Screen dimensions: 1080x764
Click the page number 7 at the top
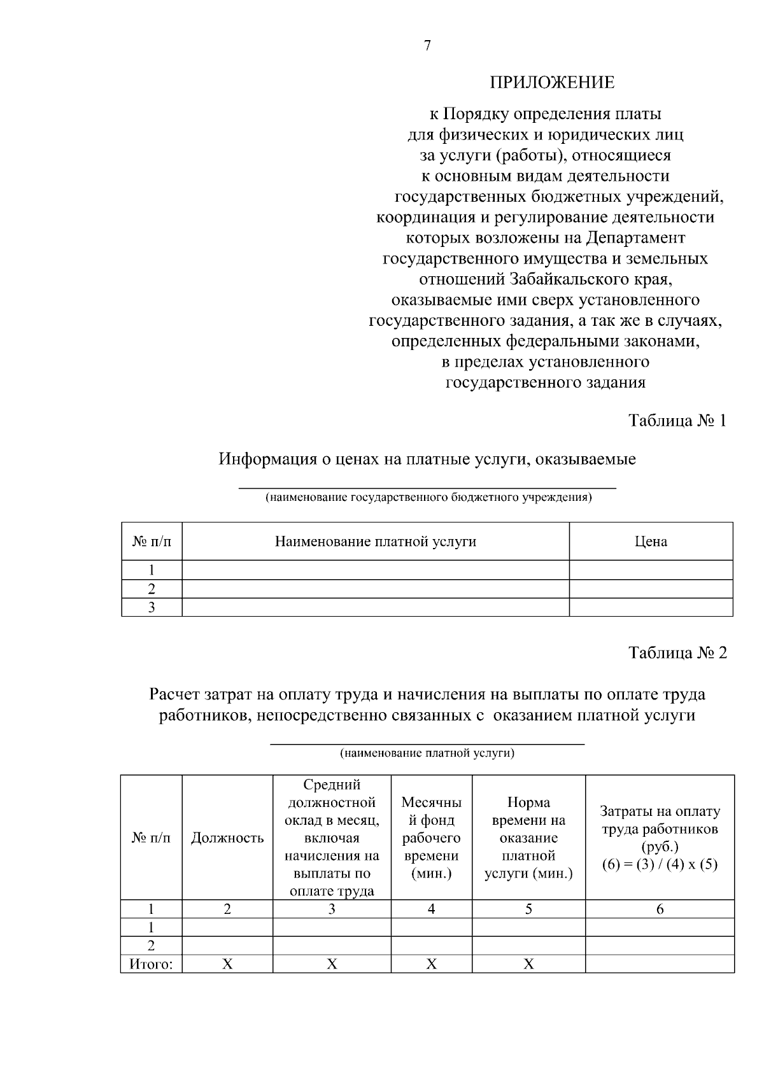click(x=427, y=46)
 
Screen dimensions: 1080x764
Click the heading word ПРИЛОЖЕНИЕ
click(x=552, y=83)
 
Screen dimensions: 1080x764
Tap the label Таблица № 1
click(x=677, y=421)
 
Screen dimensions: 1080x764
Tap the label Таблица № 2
click(x=677, y=653)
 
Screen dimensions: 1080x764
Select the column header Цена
click(x=651, y=542)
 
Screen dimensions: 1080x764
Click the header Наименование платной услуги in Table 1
click(x=376, y=542)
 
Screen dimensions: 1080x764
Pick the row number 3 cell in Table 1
click(x=152, y=607)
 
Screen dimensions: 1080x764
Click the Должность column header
click(x=227, y=838)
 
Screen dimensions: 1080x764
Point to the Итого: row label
click(x=152, y=964)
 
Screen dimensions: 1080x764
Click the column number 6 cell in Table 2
click(x=660, y=909)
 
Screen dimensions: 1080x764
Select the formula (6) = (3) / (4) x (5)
click(x=660, y=865)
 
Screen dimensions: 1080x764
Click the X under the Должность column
click(x=227, y=964)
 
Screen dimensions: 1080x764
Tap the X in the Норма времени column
click(x=528, y=964)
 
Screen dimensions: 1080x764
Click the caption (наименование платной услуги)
click(x=427, y=754)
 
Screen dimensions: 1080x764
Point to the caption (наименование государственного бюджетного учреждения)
click(x=428, y=498)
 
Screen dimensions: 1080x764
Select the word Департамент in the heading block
click(x=635, y=238)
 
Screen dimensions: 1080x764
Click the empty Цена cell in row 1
click(x=651, y=570)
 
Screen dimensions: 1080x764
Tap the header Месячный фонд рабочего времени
click(x=432, y=838)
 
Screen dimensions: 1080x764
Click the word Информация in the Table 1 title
click(x=268, y=459)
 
